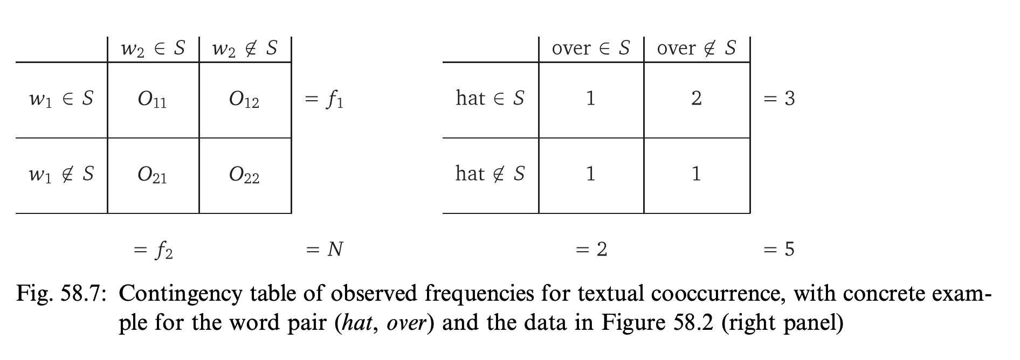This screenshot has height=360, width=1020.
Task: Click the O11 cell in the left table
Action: coord(153,100)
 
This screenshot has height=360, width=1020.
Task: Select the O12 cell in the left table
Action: coord(245,100)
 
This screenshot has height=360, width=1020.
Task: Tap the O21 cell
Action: coord(153,176)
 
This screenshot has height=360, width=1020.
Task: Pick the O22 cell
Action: coord(245,176)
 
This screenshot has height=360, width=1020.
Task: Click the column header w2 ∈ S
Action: coord(153,49)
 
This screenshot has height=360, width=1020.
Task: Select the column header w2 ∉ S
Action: coord(245,49)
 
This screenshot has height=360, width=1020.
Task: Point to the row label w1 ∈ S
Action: coord(61,99)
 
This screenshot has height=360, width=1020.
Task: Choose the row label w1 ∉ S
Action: coord(61,174)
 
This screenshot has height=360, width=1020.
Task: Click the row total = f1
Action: coord(324,100)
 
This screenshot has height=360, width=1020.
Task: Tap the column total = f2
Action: coord(153,250)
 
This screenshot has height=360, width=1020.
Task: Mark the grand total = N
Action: coord(324,249)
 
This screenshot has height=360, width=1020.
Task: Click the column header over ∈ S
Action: coord(591,48)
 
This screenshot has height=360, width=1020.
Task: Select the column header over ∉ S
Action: coord(697,48)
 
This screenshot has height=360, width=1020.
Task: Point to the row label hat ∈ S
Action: coord(490,98)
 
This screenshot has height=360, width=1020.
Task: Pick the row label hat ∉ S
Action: coord(490,174)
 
